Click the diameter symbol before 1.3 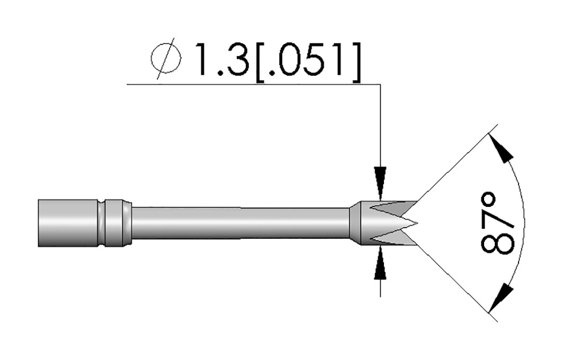(x=165, y=59)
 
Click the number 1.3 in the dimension (x=222, y=59)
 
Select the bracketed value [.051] (x=307, y=62)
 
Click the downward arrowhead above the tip (x=380, y=183)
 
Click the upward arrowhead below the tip (x=380, y=263)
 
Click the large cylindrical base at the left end (x=67, y=222)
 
